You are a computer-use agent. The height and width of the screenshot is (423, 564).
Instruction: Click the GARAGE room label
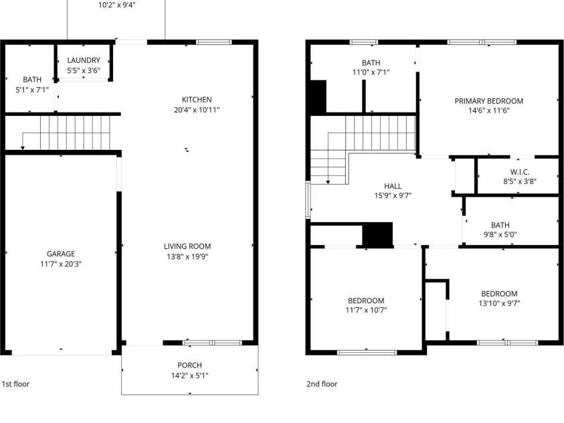61,254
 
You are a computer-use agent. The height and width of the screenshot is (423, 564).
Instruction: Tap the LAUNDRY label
84,60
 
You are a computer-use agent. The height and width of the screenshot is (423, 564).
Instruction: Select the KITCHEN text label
197,99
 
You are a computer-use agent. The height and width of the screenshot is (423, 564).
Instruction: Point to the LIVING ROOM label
187,246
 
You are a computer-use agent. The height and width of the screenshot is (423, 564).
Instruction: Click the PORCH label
189,365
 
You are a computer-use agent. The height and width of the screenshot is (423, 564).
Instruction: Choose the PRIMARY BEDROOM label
489,101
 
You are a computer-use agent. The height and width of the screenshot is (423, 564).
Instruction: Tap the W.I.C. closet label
519,171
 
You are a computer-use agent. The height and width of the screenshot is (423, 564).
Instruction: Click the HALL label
393,185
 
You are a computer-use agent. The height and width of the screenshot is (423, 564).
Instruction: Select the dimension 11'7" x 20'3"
61,264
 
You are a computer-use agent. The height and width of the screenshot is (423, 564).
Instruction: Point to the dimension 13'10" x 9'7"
499,303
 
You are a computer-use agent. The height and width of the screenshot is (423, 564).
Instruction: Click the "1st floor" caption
15,384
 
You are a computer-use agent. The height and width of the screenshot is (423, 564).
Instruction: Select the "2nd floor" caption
322,384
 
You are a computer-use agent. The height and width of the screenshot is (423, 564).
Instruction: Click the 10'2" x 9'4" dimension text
117,5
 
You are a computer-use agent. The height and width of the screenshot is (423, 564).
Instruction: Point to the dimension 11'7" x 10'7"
366,310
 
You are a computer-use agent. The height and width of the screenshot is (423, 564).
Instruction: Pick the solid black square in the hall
377,235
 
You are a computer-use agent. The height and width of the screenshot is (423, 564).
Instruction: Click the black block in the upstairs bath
317,96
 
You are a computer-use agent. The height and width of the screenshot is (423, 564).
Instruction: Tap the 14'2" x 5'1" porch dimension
189,375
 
